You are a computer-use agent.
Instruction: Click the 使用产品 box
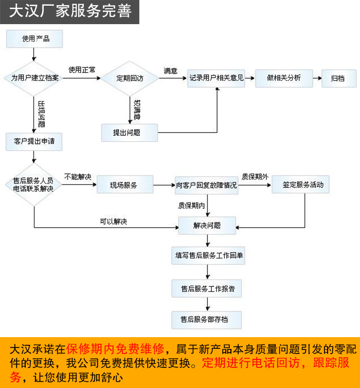(34, 39)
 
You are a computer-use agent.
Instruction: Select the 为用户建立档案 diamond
(34, 78)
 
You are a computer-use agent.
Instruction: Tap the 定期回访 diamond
(129, 78)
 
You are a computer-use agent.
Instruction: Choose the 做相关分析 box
(284, 78)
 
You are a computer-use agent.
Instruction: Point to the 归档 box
(338, 78)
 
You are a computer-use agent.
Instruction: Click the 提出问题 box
(129, 133)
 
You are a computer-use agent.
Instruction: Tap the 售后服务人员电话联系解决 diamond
(34, 184)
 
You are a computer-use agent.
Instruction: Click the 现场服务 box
(124, 184)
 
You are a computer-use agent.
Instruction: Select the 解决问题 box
(207, 225)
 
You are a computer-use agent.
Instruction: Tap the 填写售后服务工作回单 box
(207, 255)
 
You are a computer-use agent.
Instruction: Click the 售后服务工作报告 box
(207, 289)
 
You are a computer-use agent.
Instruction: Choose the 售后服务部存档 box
(207, 320)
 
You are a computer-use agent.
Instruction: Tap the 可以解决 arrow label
(113, 221)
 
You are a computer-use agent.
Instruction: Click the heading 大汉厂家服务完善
(70, 11)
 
